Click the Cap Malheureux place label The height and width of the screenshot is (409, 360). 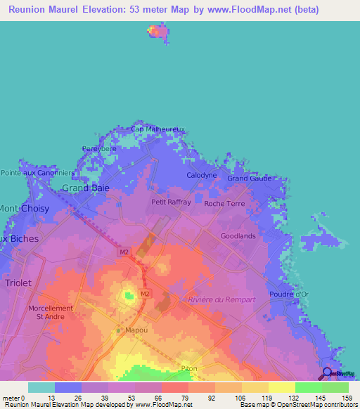click(x=158, y=129)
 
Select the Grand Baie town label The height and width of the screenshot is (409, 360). click(x=85, y=188)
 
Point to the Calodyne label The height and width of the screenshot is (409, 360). click(x=201, y=174)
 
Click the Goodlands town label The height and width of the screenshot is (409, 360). click(x=238, y=236)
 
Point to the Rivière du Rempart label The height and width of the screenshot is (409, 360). click(x=221, y=300)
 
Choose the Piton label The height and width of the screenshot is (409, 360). click(x=189, y=368)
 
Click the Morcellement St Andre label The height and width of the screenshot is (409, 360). click(x=51, y=313)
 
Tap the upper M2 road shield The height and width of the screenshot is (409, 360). click(x=124, y=252)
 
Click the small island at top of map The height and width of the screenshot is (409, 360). click(x=156, y=31)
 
